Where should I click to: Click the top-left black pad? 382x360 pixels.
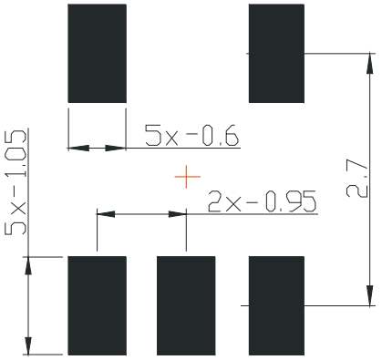pos(97,53)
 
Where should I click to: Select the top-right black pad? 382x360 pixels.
pos(276,53)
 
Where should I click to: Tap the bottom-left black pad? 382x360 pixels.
pos(97,304)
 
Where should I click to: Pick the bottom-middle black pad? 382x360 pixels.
pos(186,304)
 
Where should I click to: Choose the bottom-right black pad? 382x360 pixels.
pos(276,304)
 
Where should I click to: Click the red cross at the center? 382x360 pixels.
pos(186,177)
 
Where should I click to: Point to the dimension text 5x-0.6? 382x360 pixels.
pos(191,136)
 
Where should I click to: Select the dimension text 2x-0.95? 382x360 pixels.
pos(263,201)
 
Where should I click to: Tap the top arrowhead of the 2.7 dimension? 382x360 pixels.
pos(370,63)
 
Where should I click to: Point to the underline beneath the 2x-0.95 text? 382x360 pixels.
pos(255,214)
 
